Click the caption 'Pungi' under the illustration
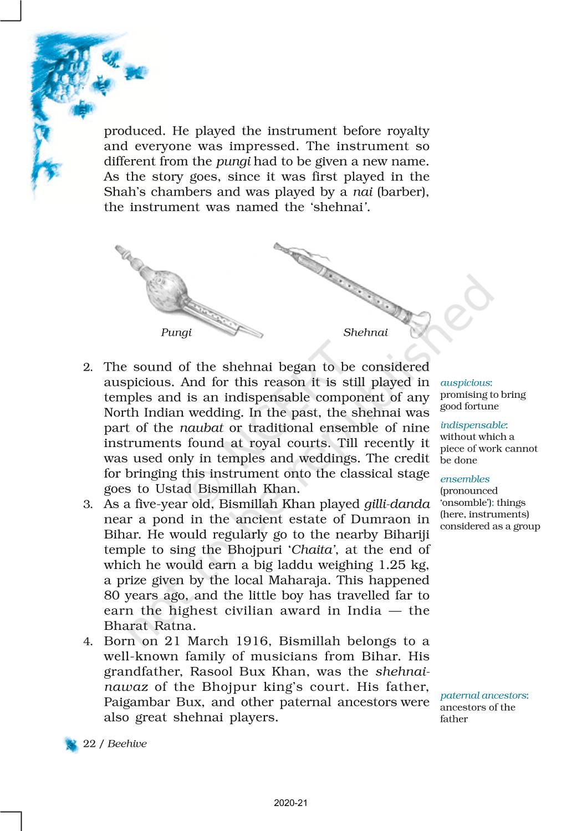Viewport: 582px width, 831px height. coord(176,332)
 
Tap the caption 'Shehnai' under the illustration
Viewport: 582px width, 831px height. coord(365,332)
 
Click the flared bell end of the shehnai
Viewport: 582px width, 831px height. coord(420,324)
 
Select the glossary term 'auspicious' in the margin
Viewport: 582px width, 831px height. coord(466,383)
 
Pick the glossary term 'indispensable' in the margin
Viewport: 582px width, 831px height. coord(473,425)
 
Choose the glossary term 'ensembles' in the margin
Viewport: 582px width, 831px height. coord(464,479)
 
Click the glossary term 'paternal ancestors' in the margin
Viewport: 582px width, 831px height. coord(484,695)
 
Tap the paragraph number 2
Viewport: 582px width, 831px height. coord(88,367)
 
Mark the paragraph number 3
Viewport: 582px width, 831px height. coord(88,505)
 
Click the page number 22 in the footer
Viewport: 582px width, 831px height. coord(89,744)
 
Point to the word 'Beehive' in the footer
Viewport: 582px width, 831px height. coord(127,744)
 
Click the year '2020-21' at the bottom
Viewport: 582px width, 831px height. coord(290,803)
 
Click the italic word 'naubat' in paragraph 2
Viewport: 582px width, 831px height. coord(201,428)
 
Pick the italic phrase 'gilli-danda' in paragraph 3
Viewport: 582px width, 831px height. coord(397,504)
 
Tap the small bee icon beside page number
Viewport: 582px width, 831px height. coord(72,745)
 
